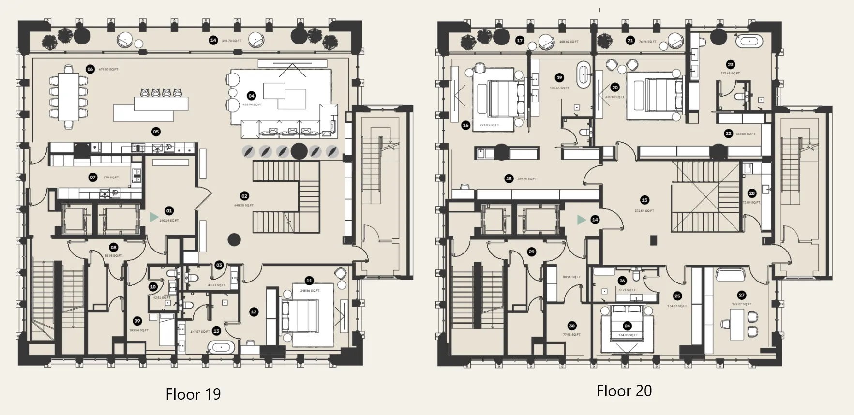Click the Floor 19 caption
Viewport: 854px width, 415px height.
tap(193, 394)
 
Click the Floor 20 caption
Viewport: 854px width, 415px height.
tap(624, 391)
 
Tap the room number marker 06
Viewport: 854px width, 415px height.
tap(90, 69)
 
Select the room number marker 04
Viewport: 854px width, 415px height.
tap(251, 96)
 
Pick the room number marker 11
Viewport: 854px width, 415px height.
tap(309, 281)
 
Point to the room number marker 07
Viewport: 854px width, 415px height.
tap(93, 178)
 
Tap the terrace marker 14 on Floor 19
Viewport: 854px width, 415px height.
tap(213, 40)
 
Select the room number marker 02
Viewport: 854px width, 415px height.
tap(244, 196)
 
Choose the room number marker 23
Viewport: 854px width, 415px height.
tap(731, 64)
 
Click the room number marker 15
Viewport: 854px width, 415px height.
tap(644, 200)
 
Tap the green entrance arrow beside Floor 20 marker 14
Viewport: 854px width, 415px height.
tap(582, 220)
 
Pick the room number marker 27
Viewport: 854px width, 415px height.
tap(742, 295)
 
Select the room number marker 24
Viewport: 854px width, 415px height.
tap(628, 326)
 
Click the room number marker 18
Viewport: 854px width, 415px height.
tap(509, 178)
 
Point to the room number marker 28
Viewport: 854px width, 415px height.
tap(752, 193)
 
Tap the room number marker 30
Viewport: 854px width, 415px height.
tap(572, 326)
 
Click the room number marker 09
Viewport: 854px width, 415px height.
tap(137, 321)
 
